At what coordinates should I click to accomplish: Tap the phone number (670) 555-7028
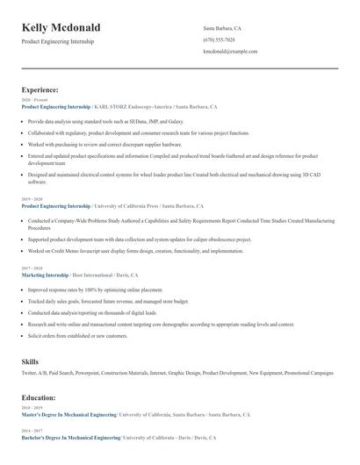click(x=219, y=39)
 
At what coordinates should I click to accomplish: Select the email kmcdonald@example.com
click(x=230, y=51)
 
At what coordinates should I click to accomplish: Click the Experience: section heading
click(x=40, y=89)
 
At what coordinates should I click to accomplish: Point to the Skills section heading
click(x=31, y=361)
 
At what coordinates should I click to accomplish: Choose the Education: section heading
click(x=40, y=397)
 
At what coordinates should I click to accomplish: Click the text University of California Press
click(x=133, y=205)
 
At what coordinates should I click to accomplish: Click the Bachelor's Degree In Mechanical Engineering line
click(x=71, y=436)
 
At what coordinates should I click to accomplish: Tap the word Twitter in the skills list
click(x=31, y=373)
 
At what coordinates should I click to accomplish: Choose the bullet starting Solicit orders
click(x=77, y=335)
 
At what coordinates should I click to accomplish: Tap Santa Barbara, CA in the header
click(x=222, y=28)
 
